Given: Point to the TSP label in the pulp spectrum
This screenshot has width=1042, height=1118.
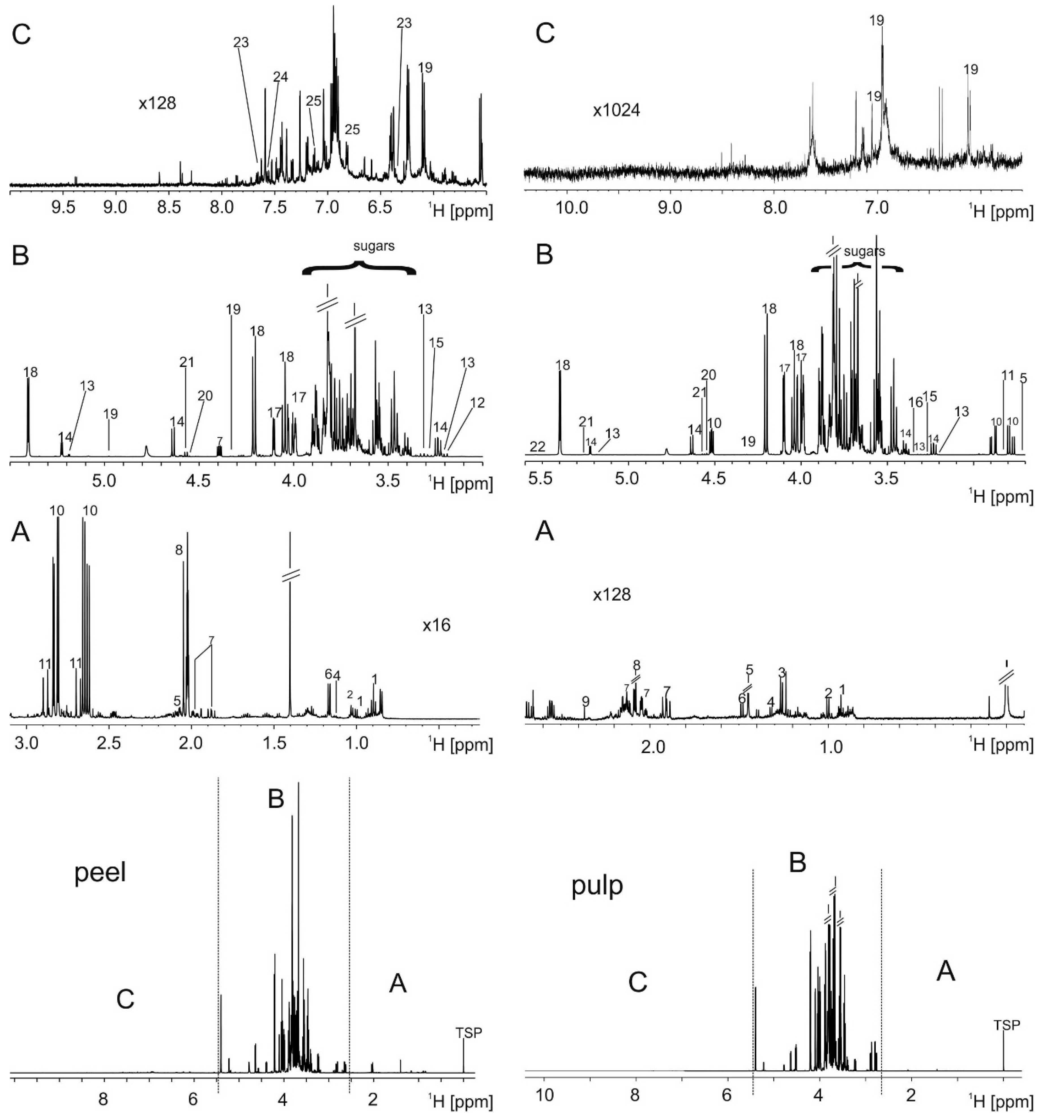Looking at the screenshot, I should point(1006,1025).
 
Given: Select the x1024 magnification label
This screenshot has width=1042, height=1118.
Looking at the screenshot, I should point(616,110).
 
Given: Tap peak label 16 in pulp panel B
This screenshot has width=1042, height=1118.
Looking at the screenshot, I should point(915,402).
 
